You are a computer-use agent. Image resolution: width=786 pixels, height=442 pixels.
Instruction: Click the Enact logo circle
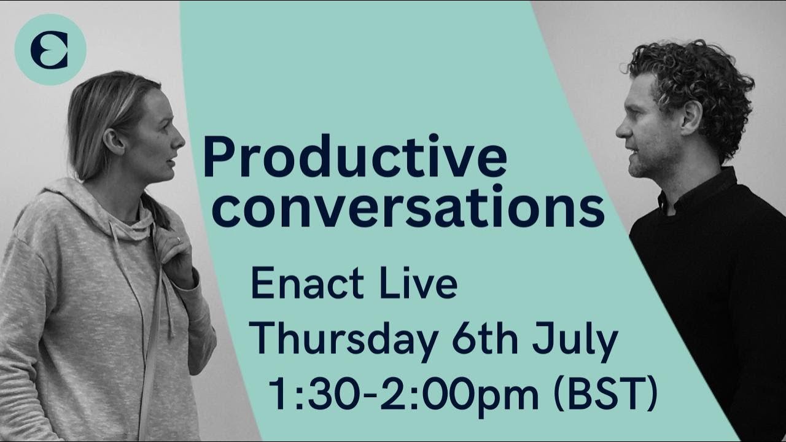click(50, 49)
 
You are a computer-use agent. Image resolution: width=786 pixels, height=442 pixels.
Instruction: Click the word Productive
click(355, 157)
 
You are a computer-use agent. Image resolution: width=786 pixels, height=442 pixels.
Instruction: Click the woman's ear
click(115, 142)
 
